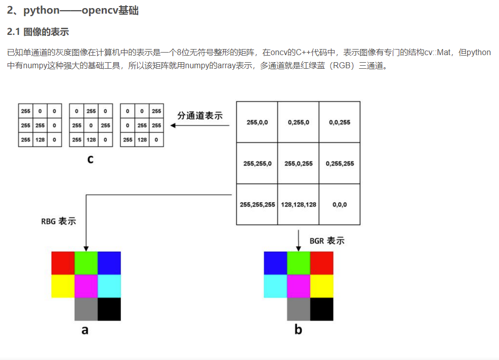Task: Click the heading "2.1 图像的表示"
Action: coord(38,32)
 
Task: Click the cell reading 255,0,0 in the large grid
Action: coord(257,122)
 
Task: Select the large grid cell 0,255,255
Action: coord(340,163)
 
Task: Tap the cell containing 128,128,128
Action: coord(298,204)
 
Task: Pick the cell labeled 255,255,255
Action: coord(257,204)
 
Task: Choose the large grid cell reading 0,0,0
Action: coord(340,204)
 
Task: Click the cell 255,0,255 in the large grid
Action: coord(298,163)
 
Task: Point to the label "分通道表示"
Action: coord(199,115)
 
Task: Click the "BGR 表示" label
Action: coord(327,241)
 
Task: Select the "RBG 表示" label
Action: coord(59,221)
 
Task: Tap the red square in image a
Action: coord(63,263)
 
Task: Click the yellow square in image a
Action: coord(63,286)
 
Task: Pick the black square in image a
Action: coord(109,309)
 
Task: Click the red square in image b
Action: coord(322,263)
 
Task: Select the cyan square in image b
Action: coord(275,286)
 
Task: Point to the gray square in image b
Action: coord(299,309)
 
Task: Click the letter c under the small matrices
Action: coord(90,160)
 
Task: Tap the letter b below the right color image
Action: coord(298,330)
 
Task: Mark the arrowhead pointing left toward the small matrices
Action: coord(173,125)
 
